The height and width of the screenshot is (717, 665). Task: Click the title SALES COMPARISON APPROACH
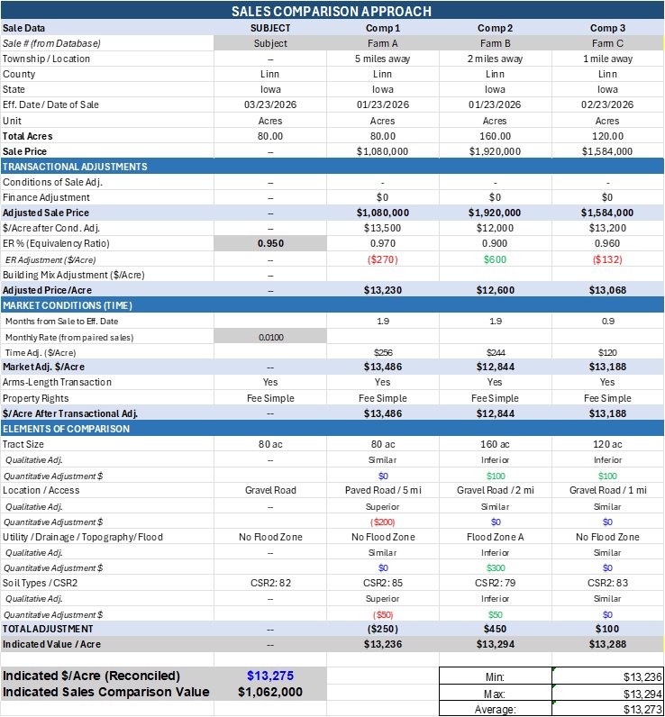332,11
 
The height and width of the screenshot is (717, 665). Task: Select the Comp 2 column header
495,28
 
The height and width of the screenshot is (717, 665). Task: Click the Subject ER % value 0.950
270,243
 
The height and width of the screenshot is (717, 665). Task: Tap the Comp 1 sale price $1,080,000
382,151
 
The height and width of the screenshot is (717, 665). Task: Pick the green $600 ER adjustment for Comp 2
495,259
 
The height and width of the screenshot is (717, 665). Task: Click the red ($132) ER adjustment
607,259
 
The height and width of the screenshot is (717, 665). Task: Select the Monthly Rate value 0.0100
270,336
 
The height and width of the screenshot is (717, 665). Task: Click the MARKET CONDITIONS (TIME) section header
67,305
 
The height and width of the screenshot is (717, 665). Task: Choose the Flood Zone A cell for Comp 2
495,537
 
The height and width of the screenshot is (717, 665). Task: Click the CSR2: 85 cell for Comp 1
382,583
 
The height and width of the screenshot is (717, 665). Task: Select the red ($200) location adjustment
382,522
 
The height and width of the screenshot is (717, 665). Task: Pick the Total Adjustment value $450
495,629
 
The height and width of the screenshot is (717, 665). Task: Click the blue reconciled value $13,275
270,676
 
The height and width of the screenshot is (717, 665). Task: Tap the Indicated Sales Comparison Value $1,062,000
270,692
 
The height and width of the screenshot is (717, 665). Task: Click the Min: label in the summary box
495,676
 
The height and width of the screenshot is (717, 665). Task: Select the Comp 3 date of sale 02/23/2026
607,104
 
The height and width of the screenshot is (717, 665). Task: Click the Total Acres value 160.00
495,136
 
